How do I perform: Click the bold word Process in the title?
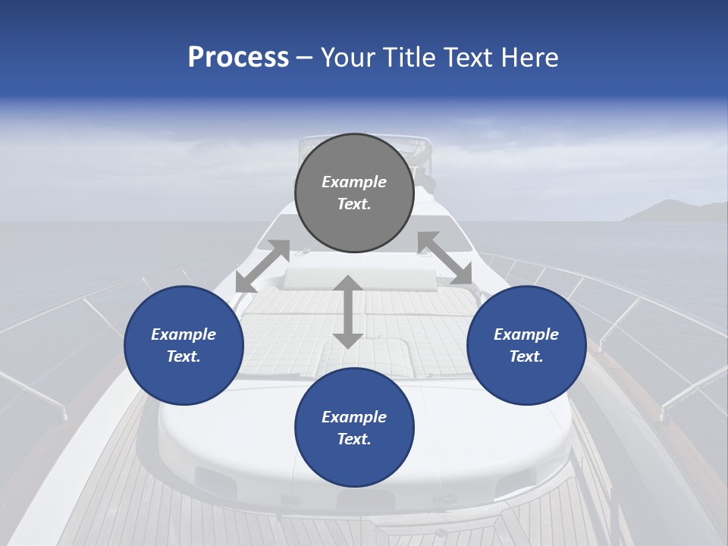[238, 58]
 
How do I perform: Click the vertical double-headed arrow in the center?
[348, 312]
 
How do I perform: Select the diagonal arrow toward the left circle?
[262, 265]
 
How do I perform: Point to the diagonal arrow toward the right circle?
[444, 259]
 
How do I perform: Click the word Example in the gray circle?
[354, 182]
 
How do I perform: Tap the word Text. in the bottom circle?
[354, 439]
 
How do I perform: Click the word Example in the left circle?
[184, 334]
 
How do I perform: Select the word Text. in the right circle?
[526, 356]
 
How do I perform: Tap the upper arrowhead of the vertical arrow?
[348, 284]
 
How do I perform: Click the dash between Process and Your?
[305, 58]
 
